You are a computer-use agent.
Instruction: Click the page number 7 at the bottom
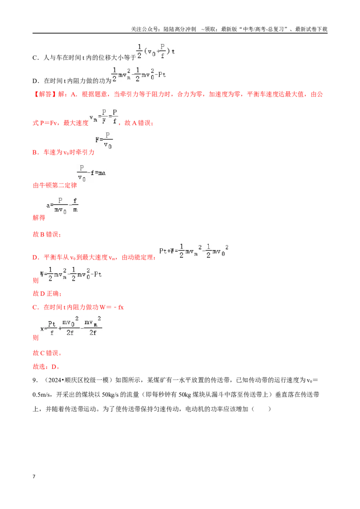point(34,476)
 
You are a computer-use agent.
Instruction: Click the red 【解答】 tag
point(45,94)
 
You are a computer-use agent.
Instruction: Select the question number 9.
point(35,380)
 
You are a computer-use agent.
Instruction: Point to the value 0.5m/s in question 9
point(41,395)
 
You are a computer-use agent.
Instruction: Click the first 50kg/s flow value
point(110,395)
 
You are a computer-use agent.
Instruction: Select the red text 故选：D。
point(46,367)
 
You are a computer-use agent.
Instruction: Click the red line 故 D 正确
point(47,294)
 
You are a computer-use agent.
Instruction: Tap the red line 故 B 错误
point(47,234)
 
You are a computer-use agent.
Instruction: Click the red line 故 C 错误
point(47,353)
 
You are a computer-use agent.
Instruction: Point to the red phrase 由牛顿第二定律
point(55,185)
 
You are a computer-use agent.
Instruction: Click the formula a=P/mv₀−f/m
point(63,205)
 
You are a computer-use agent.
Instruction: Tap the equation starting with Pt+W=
point(193,251)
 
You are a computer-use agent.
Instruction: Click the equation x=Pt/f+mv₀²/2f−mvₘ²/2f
point(71,326)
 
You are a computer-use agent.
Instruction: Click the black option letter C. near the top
point(36,58)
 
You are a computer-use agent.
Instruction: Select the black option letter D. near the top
point(36,81)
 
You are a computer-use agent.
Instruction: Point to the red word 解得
point(39,218)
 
